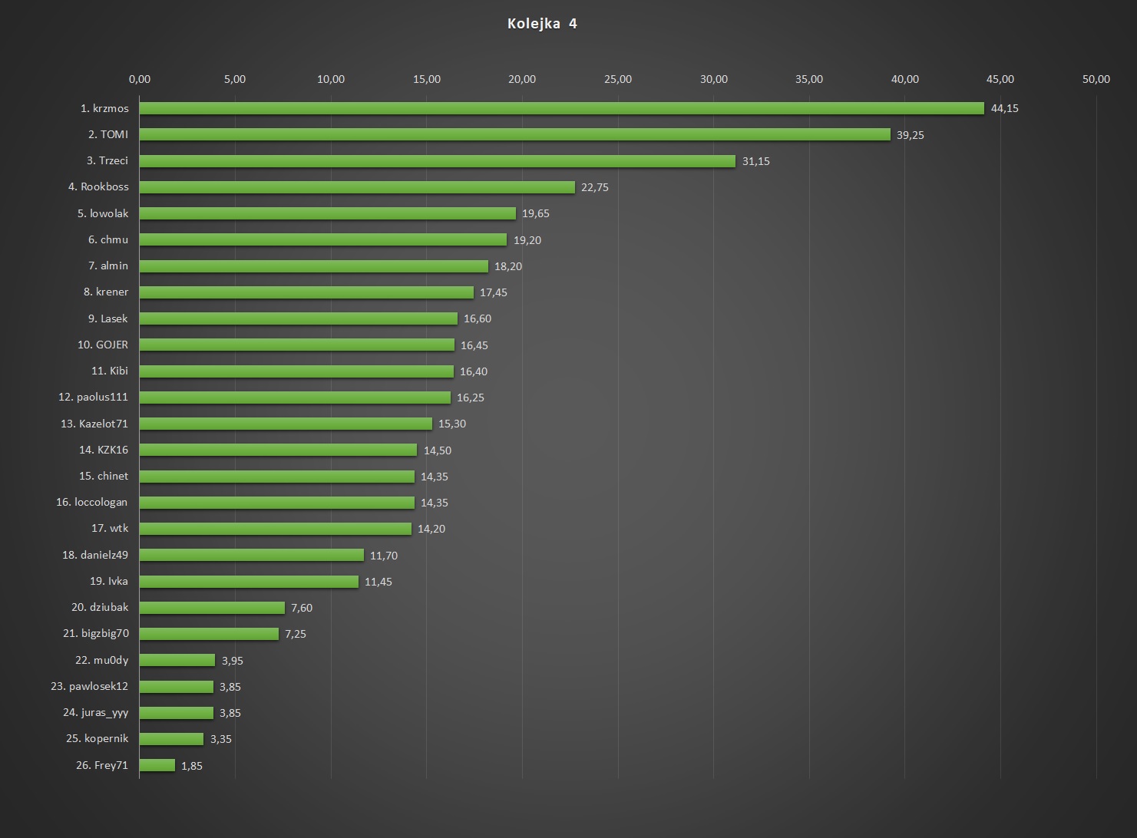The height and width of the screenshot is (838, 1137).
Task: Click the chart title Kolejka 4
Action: pyautogui.click(x=542, y=24)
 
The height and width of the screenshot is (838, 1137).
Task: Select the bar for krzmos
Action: pyautogui.click(x=561, y=108)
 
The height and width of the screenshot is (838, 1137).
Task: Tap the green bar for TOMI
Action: pyautogui.click(x=514, y=134)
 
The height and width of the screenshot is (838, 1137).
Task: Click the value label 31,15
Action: pyautogui.click(x=755, y=161)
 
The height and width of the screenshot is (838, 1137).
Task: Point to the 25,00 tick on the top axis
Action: pyautogui.click(x=618, y=79)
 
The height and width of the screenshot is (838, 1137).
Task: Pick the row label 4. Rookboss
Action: pyautogui.click(x=98, y=186)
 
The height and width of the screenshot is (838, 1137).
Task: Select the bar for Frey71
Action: pyautogui.click(x=157, y=765)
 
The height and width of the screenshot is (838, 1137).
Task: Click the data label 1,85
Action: pyautogui.click(x=192, y=766)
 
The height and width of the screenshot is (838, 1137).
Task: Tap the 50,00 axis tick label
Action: pyautogui.click(x=1096, y=79)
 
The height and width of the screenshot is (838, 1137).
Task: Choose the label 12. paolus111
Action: pyautogui.click(x=93, y=397)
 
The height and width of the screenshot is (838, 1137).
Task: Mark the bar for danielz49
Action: pyautogui.click(x=252, y=555)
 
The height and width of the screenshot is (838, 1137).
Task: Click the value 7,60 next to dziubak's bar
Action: pyautogui.click(x=302, y=608)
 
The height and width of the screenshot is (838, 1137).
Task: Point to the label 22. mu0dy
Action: pyautogui.click(x=101, y=660)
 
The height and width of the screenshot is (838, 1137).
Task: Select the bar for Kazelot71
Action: pyautogui.click(x=286, y=424)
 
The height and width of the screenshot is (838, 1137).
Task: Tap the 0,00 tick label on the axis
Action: pyautogui.click(x=140, y=79)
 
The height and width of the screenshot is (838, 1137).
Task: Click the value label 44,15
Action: pyautogui.click(x=1004, y=108)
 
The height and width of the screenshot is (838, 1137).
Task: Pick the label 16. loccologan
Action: pyautogui.click(x=92, y=502)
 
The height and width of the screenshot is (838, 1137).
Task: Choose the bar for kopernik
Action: pyautogui.click(x=171, y=739)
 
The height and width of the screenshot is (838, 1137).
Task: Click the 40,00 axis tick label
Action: pyautogui.click(x=904, y=79)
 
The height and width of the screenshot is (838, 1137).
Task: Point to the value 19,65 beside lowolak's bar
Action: pyautogui.click(x=536, y=213)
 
